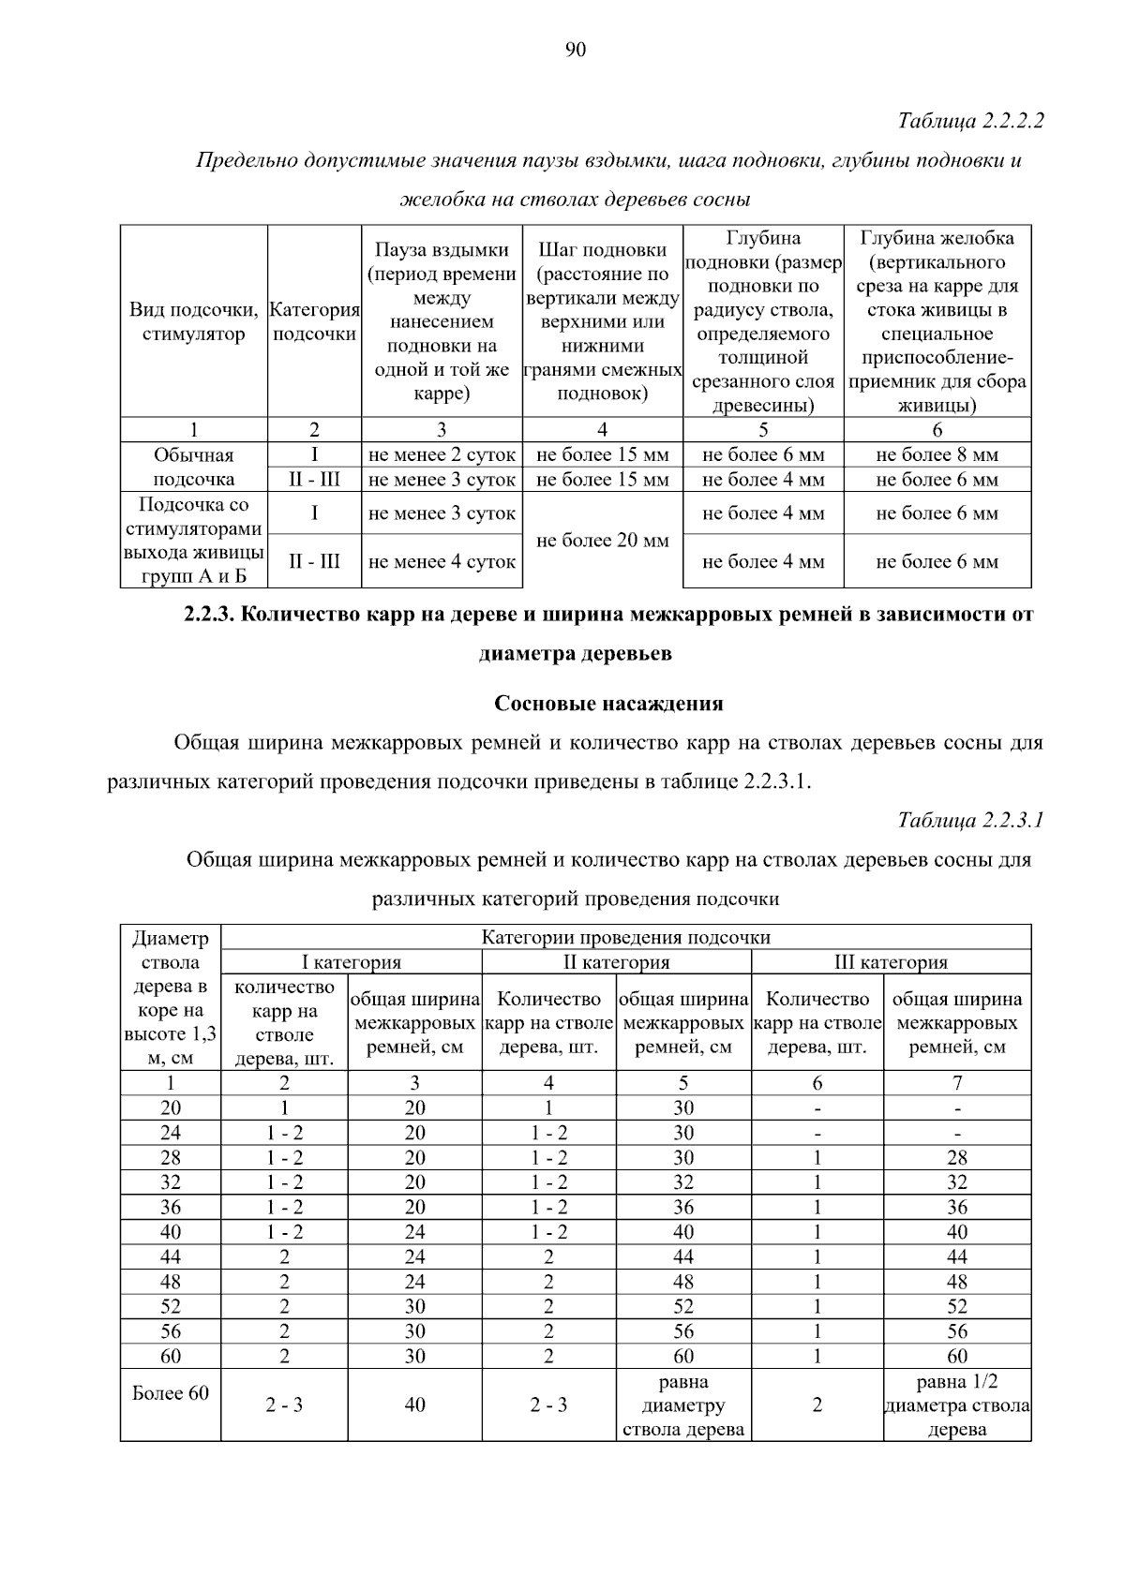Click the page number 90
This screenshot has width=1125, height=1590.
tap(576, 50)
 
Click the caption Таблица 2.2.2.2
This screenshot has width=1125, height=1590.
tap(970, 121)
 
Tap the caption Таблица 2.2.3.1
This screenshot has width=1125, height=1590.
tap(970, 821)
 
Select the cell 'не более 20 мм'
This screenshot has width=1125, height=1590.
tap(602, 540)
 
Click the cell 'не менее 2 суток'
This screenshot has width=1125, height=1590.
tap(442, 455)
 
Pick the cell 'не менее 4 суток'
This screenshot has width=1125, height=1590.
tap(442, 562)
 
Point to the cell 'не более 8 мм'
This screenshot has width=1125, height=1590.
tap(937, 455)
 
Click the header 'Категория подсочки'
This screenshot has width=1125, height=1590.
tap(314, 321)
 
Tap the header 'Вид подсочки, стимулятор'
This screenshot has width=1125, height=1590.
tap(193, 321)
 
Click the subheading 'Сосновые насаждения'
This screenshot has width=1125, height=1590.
tap(608, 704)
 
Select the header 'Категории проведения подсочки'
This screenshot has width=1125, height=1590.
tap(625, 937)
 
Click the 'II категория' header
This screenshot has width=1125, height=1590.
tap(616, 962)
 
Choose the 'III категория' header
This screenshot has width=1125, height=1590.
tap(891, 962)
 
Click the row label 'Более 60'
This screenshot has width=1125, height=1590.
tap(170, 1393)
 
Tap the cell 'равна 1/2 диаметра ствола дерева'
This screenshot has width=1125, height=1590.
tap(956, 1405)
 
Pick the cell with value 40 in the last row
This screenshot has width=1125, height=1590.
tap(414, 1405)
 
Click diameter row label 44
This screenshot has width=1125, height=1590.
tap(170, 1257)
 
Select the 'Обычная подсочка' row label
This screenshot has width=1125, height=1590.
tap(193, 468)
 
